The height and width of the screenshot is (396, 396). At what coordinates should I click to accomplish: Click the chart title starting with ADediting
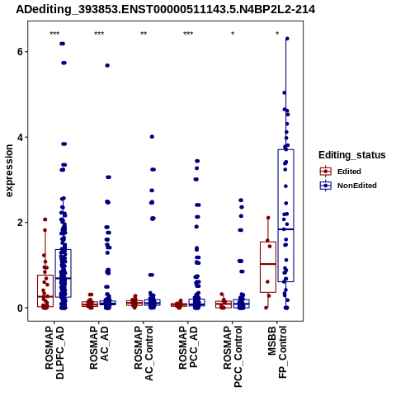click(165, 9)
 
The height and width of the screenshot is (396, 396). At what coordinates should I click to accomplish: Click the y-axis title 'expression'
click(9, 171)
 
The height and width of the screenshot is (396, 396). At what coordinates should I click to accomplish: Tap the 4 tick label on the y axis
click(20, 137)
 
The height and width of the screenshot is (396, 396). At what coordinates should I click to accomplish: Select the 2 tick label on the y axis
click(20, 223)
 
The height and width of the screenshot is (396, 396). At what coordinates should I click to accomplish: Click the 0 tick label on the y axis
click(20, 308)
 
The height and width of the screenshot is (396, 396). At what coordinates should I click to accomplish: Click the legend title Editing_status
click(351, 155)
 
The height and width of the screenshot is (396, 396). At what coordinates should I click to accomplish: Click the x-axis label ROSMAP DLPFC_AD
click(54, 352)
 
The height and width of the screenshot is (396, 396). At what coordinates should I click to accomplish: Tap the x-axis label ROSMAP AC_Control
click(144, 353)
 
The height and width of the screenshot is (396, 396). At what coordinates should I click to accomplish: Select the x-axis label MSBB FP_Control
click(277, 352)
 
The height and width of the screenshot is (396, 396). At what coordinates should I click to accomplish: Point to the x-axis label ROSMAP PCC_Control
click(233, 356)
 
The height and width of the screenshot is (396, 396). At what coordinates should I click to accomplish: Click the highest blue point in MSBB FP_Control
click(287, 39)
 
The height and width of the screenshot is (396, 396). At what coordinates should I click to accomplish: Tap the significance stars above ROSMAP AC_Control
click(144, 34)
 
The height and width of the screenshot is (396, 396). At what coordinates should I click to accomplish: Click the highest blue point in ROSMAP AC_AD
click(107, 65)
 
